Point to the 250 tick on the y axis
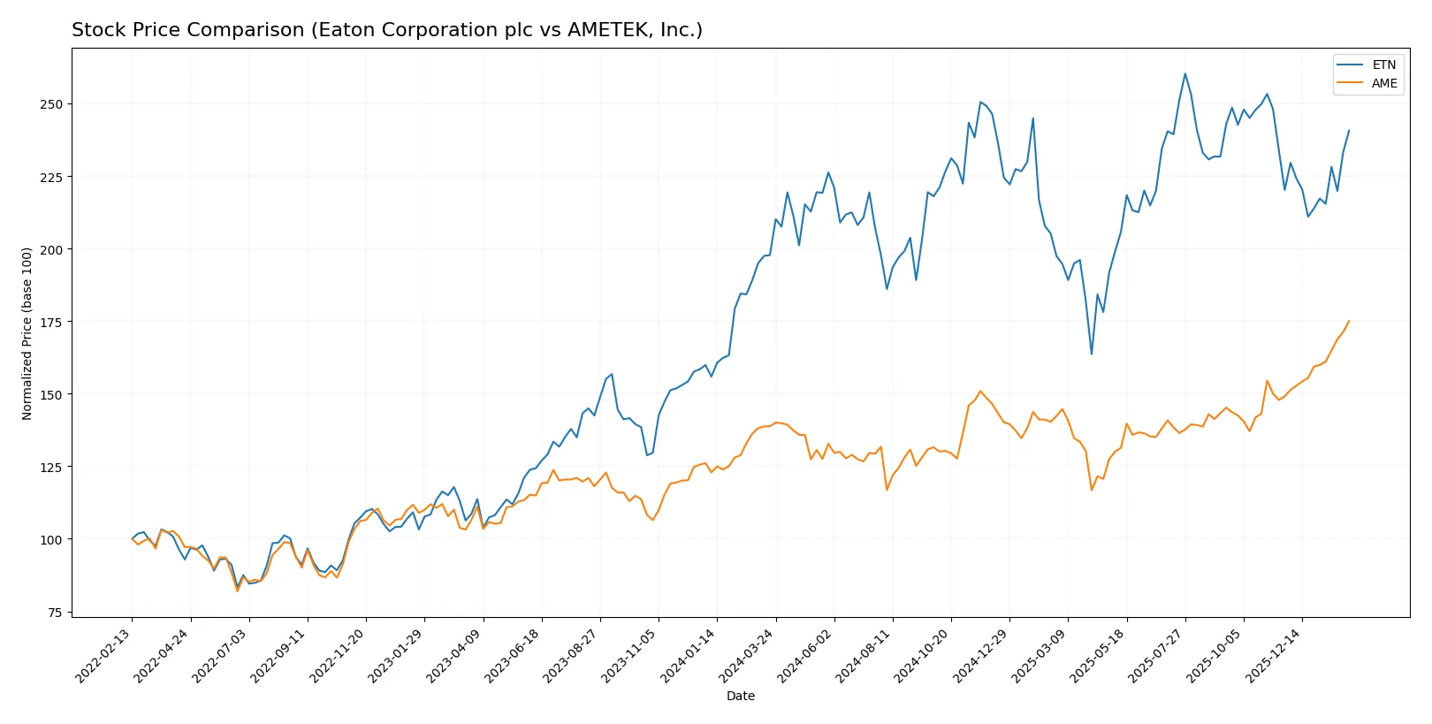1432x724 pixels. click(x=51, y=104)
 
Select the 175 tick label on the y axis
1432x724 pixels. click(x=51, y=322)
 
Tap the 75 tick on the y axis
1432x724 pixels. click(x=55, y=613)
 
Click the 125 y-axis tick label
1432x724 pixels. click(x=51, y=467)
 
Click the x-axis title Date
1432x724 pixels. click(x=740, y=697)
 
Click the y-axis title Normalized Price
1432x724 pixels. click(x=27, y=333)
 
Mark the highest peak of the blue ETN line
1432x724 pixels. click(x=1185, y=73)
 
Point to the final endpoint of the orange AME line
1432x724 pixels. click(x=1349, y=321)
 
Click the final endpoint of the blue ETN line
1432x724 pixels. click(x=1349, y=131)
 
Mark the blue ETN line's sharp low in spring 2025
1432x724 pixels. click(x=1092, y=354)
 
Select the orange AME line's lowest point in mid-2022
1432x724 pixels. click(x=237, y=591)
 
